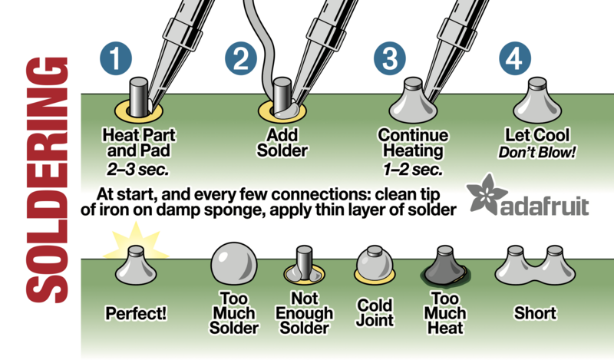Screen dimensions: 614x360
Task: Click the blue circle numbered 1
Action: (x=116, y=58)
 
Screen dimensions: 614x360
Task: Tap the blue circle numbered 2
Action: (x=241, y=58)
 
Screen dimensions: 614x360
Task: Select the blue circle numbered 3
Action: (x=390, y=58)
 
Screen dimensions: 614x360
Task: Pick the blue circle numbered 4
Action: (x=515, y=58)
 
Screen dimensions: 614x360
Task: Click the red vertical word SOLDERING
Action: (x=47, y=180)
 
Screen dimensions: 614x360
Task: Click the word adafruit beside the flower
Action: (x=545, y=206)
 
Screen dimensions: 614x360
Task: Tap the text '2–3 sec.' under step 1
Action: (x=138, y=170)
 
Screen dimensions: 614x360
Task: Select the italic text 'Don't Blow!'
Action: (x=536, y=152)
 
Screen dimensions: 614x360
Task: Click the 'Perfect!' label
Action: (x=136, y=313)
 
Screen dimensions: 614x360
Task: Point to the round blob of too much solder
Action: (x=234, y=263)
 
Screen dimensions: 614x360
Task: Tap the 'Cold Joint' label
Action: (x=375, y=312)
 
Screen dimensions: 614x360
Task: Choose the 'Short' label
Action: (x=535, y=313)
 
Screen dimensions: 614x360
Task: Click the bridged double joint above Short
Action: (x=535, y=266)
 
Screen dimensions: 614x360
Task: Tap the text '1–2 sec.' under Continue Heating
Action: (x=413, y=170)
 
